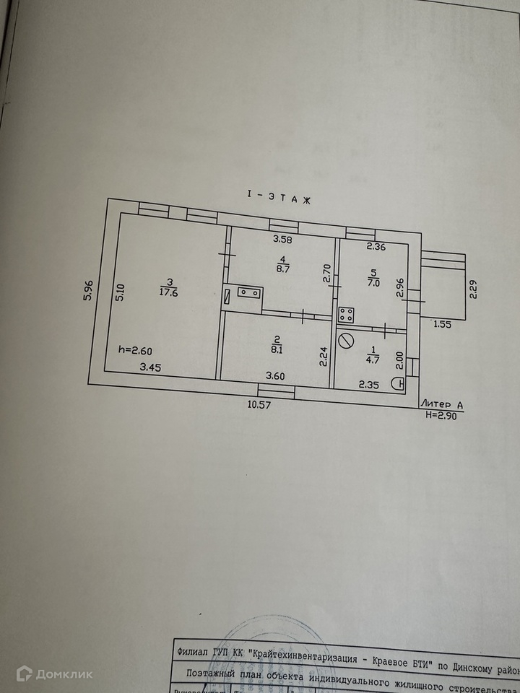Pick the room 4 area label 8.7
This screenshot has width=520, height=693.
tap(283, 266)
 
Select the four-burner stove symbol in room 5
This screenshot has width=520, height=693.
tap(346, 314)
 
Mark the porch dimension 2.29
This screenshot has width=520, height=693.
tap(474, 289)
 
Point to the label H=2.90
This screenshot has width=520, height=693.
tap(443, 415)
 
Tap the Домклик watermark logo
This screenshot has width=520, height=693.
tap(54, 674)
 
